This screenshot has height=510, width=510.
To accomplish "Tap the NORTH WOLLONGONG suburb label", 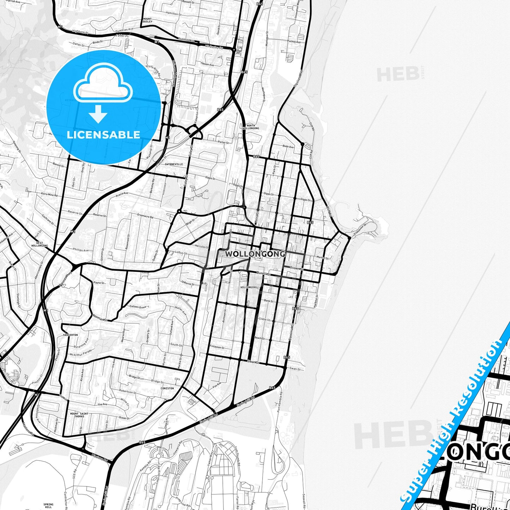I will [251, 127].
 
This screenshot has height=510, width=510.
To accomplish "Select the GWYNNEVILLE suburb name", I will [174, 164].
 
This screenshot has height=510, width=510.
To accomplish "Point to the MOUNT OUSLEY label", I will [147, 20].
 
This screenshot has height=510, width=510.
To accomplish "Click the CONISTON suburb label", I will [167, 388].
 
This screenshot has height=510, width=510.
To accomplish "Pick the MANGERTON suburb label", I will [70, 335].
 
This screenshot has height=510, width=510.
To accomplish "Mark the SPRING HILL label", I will [48, 496].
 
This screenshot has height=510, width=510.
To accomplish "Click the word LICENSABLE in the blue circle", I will [103, 134].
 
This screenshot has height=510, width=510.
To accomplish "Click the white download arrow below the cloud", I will [98, 114].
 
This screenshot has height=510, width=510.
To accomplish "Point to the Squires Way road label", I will [299, 77].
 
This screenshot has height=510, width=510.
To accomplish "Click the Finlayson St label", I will [217, 347].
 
